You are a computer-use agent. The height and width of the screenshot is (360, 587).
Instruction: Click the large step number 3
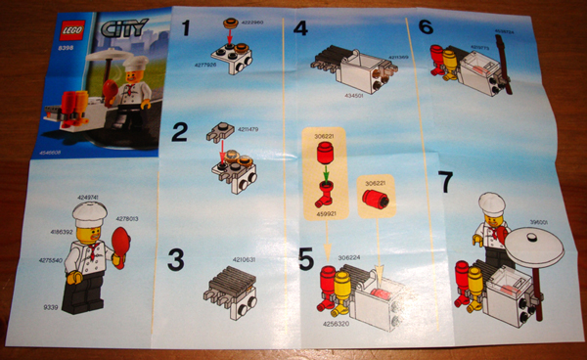[176, 260]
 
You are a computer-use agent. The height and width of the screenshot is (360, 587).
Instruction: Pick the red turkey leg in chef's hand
[122, 243]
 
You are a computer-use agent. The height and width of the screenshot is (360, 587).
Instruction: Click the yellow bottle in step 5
[342, 288]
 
